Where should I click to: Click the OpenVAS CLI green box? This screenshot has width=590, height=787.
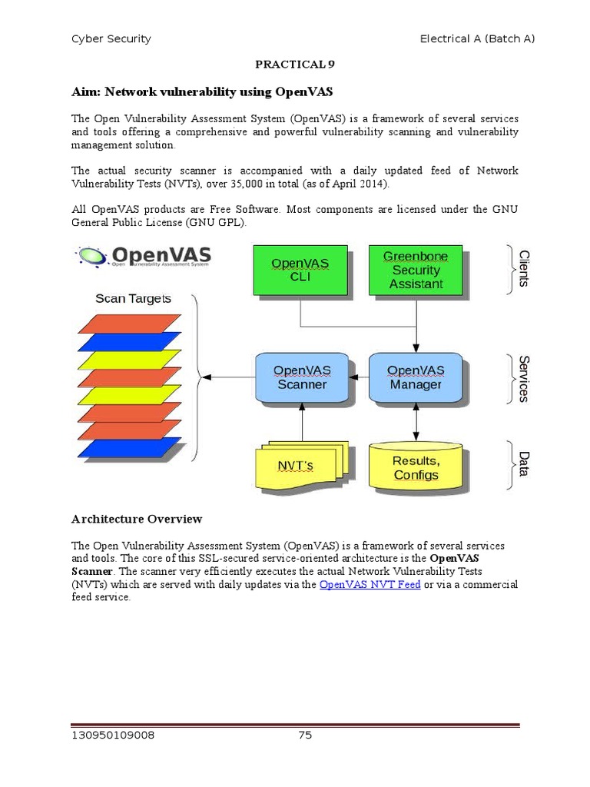point(300,270)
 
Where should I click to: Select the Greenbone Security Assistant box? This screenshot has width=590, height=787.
point(416,269)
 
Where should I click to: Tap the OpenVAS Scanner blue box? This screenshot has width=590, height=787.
point(301,377)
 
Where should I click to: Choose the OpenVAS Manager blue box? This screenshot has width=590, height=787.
point(416,377)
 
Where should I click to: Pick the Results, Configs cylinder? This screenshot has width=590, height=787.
point(416,467)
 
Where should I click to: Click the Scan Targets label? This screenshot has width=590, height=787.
point(133,298)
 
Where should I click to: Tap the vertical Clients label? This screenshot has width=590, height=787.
point(524,268)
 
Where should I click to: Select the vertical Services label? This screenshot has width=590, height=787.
point(524,378)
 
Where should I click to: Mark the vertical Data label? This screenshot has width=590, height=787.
point(524,463)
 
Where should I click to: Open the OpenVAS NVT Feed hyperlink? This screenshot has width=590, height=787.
point(370,585)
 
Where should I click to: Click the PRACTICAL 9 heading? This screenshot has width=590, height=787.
point(295,65)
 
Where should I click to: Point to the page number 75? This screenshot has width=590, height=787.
point(305,736)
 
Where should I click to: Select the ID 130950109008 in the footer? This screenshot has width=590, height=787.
point(113,736)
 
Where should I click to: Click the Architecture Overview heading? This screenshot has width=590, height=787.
point(137,519)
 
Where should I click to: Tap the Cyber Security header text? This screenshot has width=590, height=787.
point(111,38)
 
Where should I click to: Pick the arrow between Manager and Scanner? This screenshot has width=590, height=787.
point(360,377)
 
